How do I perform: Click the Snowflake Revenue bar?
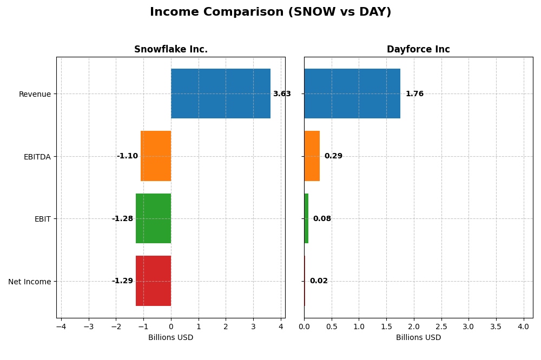click(x=220, y=94)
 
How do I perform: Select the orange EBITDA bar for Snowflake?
click(x=156, y=156)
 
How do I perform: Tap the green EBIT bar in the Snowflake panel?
click(x=153, y=218)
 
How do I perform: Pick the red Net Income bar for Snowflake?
click(x=153, y=281)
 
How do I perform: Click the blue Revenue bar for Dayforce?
click(x=352, y=94)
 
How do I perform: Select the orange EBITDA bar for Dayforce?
click(x=312, y=156)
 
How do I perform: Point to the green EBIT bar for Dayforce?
click(x=306, y=218)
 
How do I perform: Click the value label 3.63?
click(x=282, y=94)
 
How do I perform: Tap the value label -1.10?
click(x=127, y=156)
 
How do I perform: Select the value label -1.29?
click(x=122, y=281)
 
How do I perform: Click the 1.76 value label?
click(x=414, y=94)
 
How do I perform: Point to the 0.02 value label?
click(x=319, y=281)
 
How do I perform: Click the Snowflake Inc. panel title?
click(x=171, y=50)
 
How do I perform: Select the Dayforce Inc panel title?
click(x=418, y=50)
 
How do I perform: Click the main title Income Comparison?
click(x=270, y=12)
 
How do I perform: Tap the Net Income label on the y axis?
click(x=30, y=282)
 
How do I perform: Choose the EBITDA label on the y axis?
click(x=37, y=157)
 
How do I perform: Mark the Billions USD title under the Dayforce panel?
click(x=418, y=338)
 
